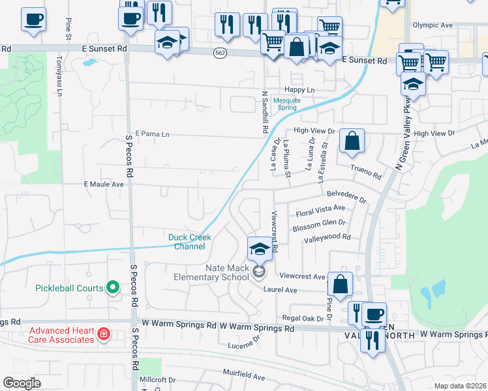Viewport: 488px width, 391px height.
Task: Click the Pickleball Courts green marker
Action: click(112, 287)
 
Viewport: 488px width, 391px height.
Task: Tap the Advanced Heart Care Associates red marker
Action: click(102, 335)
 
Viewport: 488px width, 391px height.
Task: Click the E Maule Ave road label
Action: click(104, 184)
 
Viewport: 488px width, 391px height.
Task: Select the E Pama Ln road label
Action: click(151, 134)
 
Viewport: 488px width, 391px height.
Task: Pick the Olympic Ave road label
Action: click(433, 25)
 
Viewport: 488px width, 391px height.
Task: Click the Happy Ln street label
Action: click(299, 90)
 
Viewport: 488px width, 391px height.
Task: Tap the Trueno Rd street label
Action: click(366, 172)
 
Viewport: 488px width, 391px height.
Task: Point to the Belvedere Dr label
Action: click(347, 194)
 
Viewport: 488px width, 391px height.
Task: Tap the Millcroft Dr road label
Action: click(157, 379)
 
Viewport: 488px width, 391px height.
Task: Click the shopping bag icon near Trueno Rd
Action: click(352, 141)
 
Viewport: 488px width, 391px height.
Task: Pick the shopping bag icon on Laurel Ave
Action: click(340, 283)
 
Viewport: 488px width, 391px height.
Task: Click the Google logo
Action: click(22, 383)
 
